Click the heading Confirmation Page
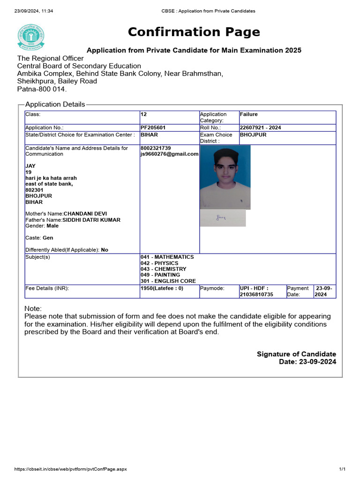(194, 32)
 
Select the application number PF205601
(153, 127)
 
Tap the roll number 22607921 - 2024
(260, 127)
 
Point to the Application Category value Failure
(249, 114)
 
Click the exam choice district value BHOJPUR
(253, 135)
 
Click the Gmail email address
(169, 154)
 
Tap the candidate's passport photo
(225, 177)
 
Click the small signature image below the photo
(223, 218)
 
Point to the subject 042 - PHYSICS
(159, 263)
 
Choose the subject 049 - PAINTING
(160, 275)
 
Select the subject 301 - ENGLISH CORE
(168, 281)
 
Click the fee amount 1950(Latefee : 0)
(162, 288)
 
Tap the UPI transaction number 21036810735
(256, 294)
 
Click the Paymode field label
(212, 288)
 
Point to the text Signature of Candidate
(296, 354)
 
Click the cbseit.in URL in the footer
(70, 469)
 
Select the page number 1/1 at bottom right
(342, 469)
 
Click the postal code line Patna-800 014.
(42, 89)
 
